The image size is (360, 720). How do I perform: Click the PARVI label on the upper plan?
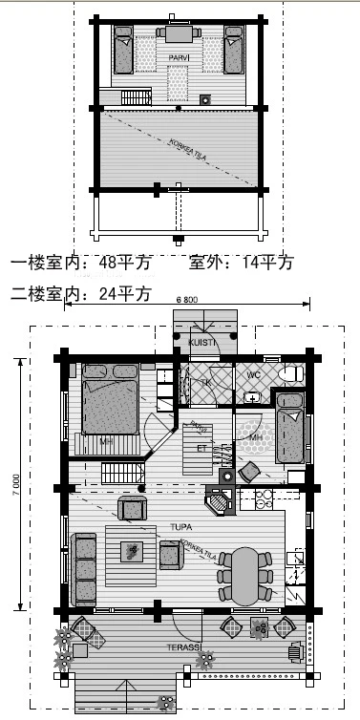pos(179,58)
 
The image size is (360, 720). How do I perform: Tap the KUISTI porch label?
pos(200,342)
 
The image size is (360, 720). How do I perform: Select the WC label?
pos(254,374)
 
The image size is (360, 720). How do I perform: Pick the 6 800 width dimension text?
pos(187,300)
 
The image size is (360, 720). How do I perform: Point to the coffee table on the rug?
pos(132,551)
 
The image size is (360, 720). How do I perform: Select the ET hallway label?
pos(201,446)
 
